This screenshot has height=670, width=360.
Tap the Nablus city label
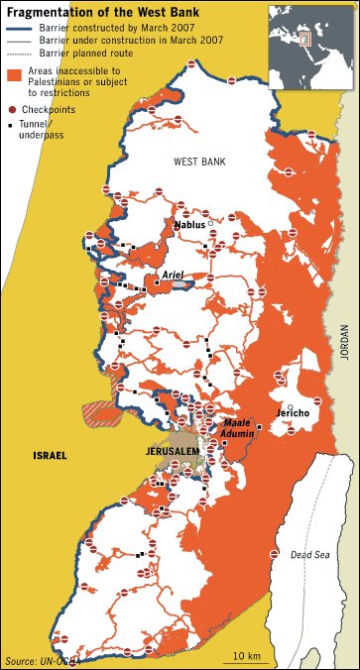point(190,226)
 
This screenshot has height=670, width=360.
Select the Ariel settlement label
point(174,279)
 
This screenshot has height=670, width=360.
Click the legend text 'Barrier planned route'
point(89,54)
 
